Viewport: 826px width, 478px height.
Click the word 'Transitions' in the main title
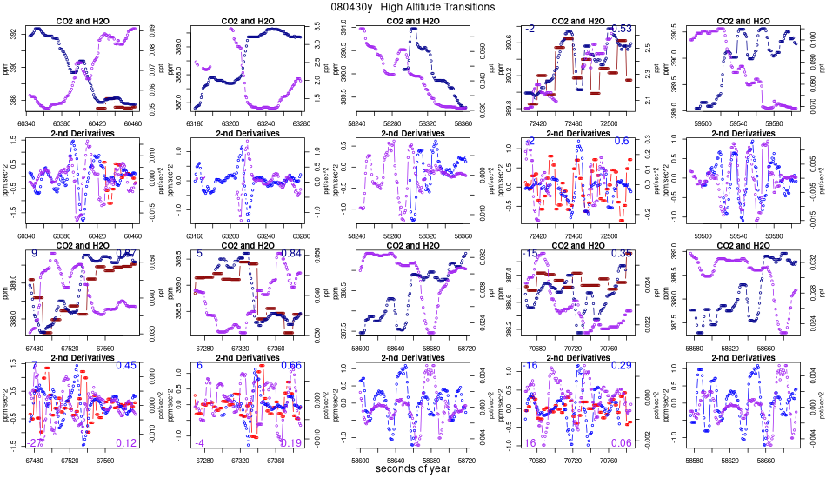(465, 7)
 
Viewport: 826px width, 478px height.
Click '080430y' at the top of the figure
(351, 7)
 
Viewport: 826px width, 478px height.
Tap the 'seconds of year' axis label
(412, 469)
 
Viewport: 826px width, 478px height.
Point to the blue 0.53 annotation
(622, 29)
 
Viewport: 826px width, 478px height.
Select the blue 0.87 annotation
(127, 253)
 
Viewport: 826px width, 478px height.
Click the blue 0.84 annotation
(291, 253)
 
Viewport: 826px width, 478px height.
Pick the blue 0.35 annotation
(622, 253)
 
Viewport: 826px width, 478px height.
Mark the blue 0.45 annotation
(127, 366)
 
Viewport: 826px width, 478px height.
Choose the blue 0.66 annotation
(291, 366)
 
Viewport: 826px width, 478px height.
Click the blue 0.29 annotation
(622, 366)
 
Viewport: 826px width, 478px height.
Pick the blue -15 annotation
(530, 253)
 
